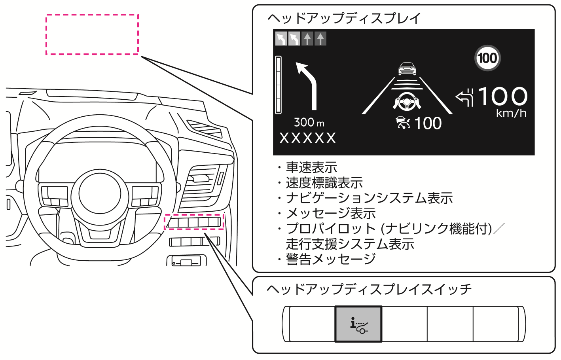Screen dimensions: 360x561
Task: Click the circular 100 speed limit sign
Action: [487, 58]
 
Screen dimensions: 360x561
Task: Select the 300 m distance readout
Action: [309, 122]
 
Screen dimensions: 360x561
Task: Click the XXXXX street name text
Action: [307, 138]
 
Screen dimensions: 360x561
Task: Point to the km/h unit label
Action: [511, 114]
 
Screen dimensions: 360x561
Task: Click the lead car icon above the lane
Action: [407, 69]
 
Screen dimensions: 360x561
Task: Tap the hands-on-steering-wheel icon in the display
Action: [407, 101]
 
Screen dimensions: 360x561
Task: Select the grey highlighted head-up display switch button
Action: [358, 324]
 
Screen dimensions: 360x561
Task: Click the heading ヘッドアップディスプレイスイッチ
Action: [369, 289]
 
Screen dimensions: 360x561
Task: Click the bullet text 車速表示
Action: [311, 168]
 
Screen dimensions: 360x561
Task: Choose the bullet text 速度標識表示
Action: [324, 183]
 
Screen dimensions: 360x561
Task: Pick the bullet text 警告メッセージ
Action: [330, 259]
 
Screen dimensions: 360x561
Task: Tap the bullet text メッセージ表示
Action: [330, 214]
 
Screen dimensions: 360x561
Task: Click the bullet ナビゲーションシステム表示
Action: [369, 198]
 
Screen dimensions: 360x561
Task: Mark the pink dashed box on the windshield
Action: [92, 34]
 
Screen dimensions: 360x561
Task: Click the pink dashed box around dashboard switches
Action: [194, 222]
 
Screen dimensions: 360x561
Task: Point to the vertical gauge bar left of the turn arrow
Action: [279, 85]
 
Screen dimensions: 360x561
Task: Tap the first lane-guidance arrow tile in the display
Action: [281, 39]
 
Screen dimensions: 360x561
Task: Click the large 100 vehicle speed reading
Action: [502, 97]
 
